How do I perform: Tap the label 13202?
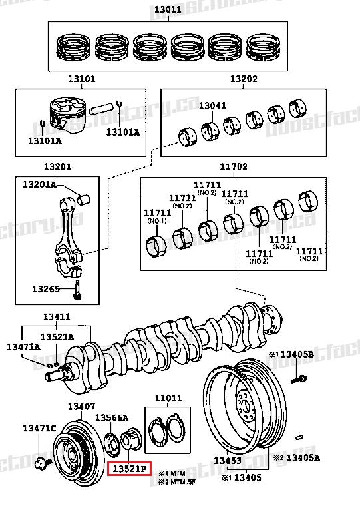pyautogui.click(x=244, y=79)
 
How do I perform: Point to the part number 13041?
pyautogui.click(x=212, y=105)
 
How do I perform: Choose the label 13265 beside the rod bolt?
pyautogui.click(x=46, y=290)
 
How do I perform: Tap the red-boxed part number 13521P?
pyautogui.click(x=130, y=469)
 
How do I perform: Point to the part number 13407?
pyautogui.click(x=81, y=406)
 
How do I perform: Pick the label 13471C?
pyautogui.click(x=39, y=427)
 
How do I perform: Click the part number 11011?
pyautogui.click(x=168, y=399)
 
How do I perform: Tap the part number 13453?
pyautogui.click(x=228, y=461)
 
